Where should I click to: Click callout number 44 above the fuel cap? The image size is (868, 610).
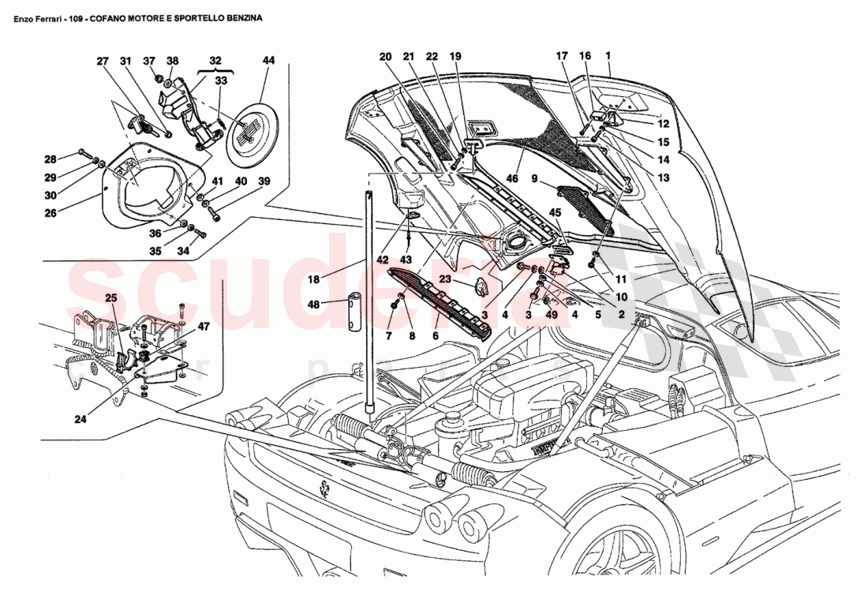(x=268, y=61)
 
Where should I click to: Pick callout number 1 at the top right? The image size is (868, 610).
(x=608, y=56)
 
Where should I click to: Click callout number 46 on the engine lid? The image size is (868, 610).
(x=512, y=179)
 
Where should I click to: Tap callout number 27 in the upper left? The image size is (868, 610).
(x=103, y=61)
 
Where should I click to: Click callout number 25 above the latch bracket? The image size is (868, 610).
(x=110, y=298)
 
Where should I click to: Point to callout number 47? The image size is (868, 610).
(x=204, y=325)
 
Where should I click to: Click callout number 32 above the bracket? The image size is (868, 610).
(x=215, y=61)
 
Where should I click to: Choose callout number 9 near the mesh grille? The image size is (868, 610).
(x=535, y=179)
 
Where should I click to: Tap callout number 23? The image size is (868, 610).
(x=444, y=278)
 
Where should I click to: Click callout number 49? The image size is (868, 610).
(x=550, y=314)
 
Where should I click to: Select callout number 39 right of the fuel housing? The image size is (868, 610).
(x=264, y=182)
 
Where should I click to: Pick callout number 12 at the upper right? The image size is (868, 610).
(x=663, y=124)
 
